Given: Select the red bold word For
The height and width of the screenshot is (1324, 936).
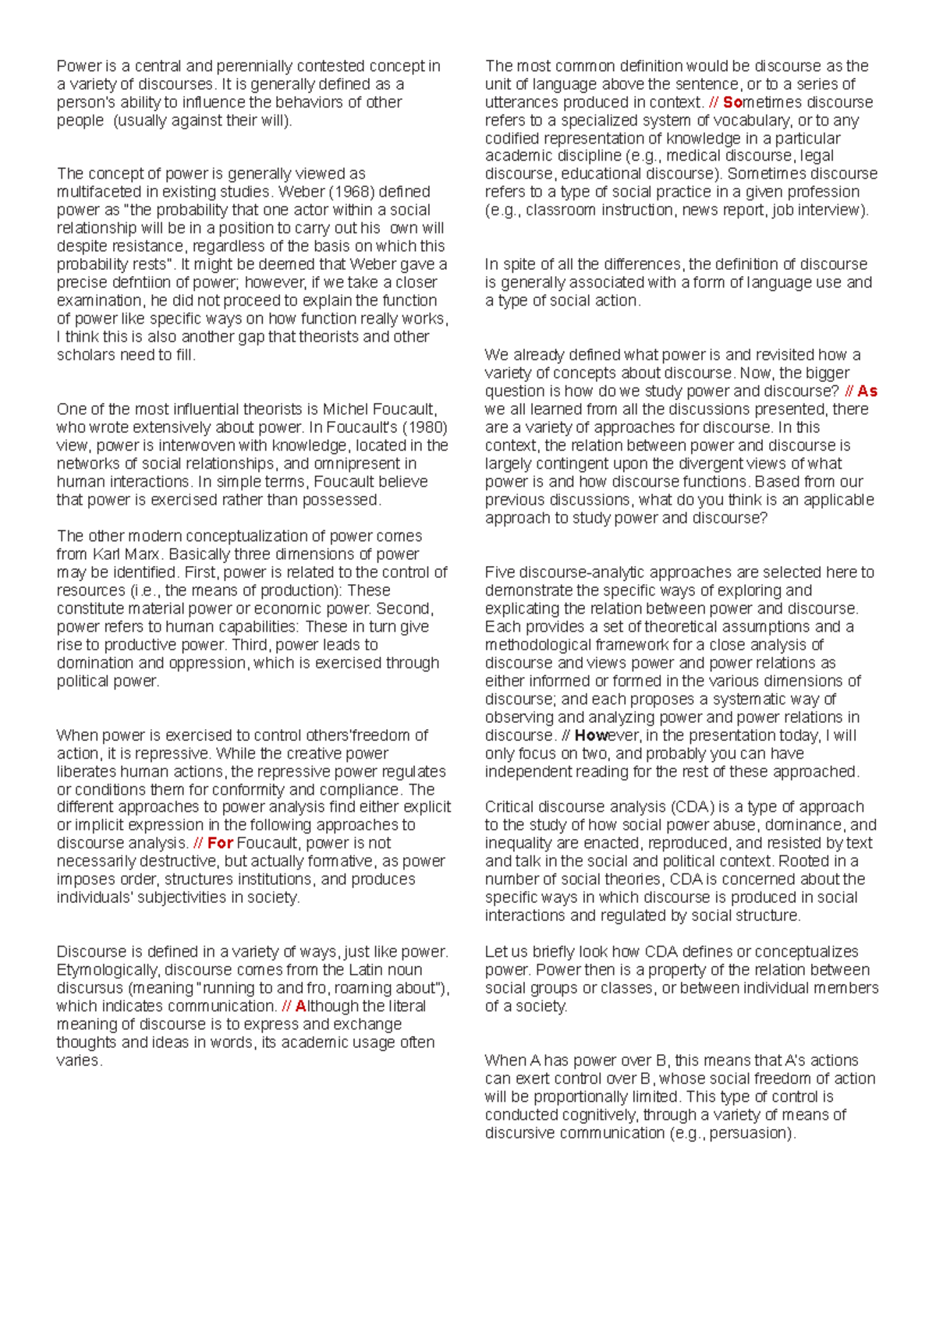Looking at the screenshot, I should pos(220,843).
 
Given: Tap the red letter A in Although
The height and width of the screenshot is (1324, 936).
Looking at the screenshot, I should pos(300,1006).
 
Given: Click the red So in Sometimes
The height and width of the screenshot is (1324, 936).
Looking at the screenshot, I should pos(732,102).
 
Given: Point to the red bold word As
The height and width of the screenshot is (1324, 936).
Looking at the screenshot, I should pos(867,391).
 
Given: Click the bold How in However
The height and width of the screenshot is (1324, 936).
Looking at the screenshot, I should pos(591,735).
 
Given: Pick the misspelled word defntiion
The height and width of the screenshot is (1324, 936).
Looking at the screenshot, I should pos(144,282).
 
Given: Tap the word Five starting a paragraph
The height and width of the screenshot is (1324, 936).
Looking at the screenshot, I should pos(500,572).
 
